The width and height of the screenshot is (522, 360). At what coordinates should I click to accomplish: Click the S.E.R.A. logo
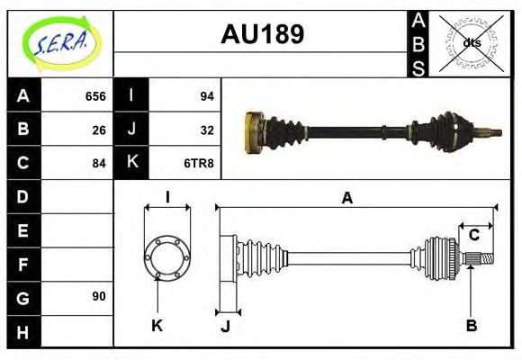pos(59,41)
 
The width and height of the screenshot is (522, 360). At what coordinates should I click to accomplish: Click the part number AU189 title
pos(262,34)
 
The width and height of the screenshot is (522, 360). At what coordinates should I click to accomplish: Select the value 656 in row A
pos(94,96)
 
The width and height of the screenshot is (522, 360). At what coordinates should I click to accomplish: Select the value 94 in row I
pos(206,96)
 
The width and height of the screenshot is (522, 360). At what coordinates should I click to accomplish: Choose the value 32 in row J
pos(206,130)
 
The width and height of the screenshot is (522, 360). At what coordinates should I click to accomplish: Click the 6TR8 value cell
pos(201,163)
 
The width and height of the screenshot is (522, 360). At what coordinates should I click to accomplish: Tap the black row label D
pos(23,196)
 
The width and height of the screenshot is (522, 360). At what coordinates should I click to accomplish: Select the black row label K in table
pos(131,163)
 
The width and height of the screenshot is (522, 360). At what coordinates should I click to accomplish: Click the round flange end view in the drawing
pos(167,256)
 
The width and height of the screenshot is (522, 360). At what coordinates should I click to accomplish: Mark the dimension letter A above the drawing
pos(346,198)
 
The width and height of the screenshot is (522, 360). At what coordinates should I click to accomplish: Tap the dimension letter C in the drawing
pos(473,236)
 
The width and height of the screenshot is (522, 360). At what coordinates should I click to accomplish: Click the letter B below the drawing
pos(471,326)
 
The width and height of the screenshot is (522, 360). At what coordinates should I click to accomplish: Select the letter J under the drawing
pos(225,326)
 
